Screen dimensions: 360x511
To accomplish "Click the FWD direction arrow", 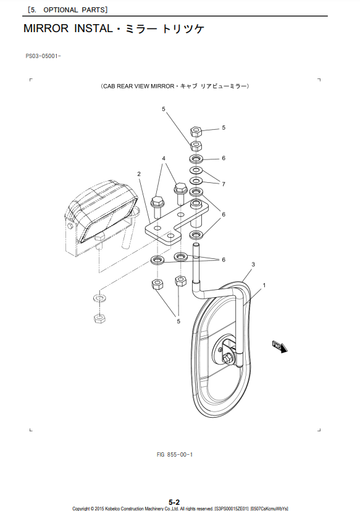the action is click(280, 347).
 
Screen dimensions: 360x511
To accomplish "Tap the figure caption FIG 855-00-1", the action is click(175, 454).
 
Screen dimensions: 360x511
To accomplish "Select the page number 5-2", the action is click(174, 502).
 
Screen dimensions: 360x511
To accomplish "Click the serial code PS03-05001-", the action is click(43, 56).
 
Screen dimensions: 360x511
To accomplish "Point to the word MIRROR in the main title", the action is click(46, 28).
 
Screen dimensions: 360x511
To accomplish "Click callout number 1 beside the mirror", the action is click(264, 285).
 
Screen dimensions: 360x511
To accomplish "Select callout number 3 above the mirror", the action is click(253, 264).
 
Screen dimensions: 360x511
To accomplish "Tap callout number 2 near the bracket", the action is click(139, 174).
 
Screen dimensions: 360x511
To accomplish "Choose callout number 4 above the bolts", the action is click(164, 158).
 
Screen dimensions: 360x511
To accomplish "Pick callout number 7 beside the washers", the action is click(224, 184).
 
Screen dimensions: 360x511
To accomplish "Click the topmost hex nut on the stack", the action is click(196, 132).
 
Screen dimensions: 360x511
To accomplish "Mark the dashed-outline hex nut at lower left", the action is click(99, 318).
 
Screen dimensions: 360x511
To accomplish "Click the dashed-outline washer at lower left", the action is click(99, 298).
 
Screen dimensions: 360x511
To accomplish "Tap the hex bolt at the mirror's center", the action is click(228, 357).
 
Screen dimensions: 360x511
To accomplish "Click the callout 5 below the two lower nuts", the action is click(178, 321).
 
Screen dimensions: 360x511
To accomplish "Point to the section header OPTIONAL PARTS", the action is click(75, 10).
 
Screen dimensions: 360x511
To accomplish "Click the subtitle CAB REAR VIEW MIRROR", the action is click(138, 87).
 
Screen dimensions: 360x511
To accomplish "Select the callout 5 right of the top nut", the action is click(224, 128).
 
